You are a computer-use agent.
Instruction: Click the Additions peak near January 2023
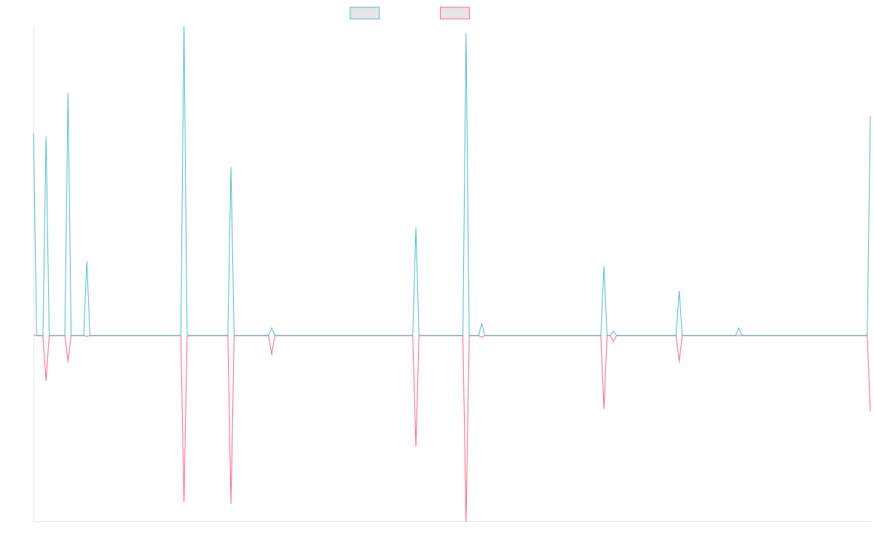pos(416,229)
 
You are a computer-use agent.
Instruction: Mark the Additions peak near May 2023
pos(465,33)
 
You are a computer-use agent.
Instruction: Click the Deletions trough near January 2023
pos(416,446)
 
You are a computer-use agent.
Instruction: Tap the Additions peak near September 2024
pos(679,292)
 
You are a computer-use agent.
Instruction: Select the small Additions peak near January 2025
pos(739,328)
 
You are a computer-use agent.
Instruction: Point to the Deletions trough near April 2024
pos(604,408)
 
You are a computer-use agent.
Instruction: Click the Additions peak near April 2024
pos(604,266)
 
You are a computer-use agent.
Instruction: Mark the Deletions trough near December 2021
pos(231,504)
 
